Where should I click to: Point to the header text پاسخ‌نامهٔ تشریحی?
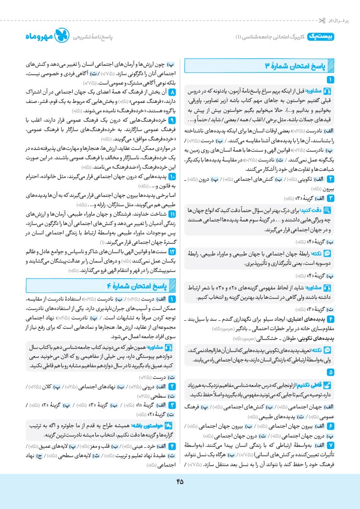(93, 38)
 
